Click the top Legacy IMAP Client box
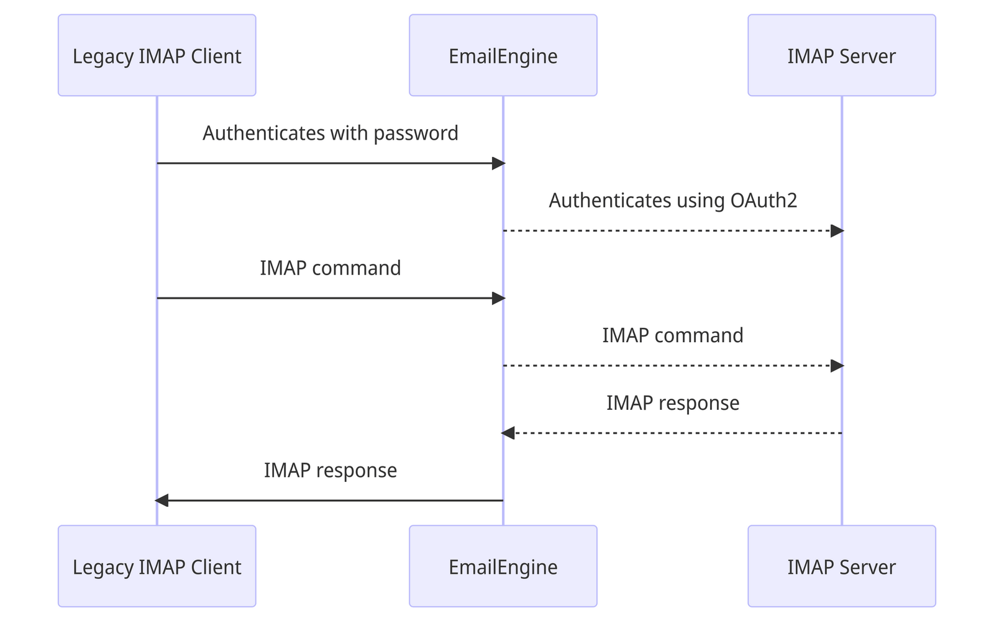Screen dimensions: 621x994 coord(157,55)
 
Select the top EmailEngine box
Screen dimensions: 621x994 coord(503,55)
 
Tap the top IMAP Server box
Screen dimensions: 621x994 coord(841,55)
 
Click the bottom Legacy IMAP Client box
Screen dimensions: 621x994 coord(157,566)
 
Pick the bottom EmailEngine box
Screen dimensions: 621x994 coord(503,566)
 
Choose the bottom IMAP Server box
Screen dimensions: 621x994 coord(841,566)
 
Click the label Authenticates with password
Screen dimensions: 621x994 coord(330,134)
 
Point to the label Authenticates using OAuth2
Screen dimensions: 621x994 coord(672,201)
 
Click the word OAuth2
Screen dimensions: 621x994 coord(764,201)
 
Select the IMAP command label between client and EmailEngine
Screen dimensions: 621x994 coord(330,268)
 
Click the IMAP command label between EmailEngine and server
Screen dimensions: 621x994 coord(672,335)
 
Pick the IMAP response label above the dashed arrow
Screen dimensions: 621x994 coord(672,403)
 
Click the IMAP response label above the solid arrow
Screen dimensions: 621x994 coord(330,470)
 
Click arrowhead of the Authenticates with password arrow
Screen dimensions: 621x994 coord(498,163)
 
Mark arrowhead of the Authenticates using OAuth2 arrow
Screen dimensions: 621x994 coord(837,231)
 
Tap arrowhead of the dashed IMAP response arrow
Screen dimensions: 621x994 coord(508,433)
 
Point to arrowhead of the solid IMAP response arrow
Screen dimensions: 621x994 coord(162,501)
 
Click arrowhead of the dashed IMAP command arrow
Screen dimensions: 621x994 coord(837,366)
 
